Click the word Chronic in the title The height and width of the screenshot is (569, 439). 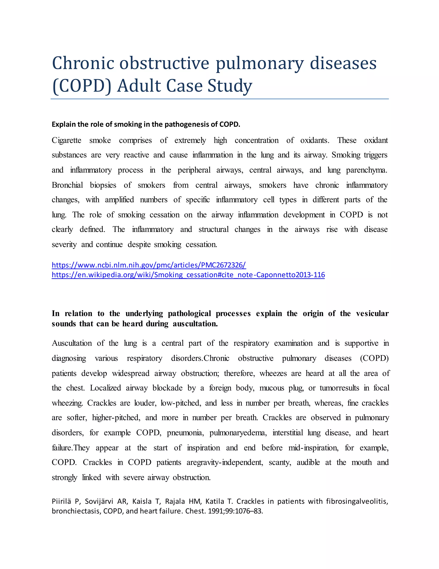coord(83,63)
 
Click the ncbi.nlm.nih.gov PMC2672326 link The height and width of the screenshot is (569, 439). coord(149,265)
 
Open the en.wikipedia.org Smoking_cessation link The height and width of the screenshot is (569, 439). coord(188,275)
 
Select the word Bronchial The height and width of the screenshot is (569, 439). coord(67,185)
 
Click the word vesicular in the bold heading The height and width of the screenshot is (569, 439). coord(372,313)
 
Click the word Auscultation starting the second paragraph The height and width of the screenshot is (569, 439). coord(72,343)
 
